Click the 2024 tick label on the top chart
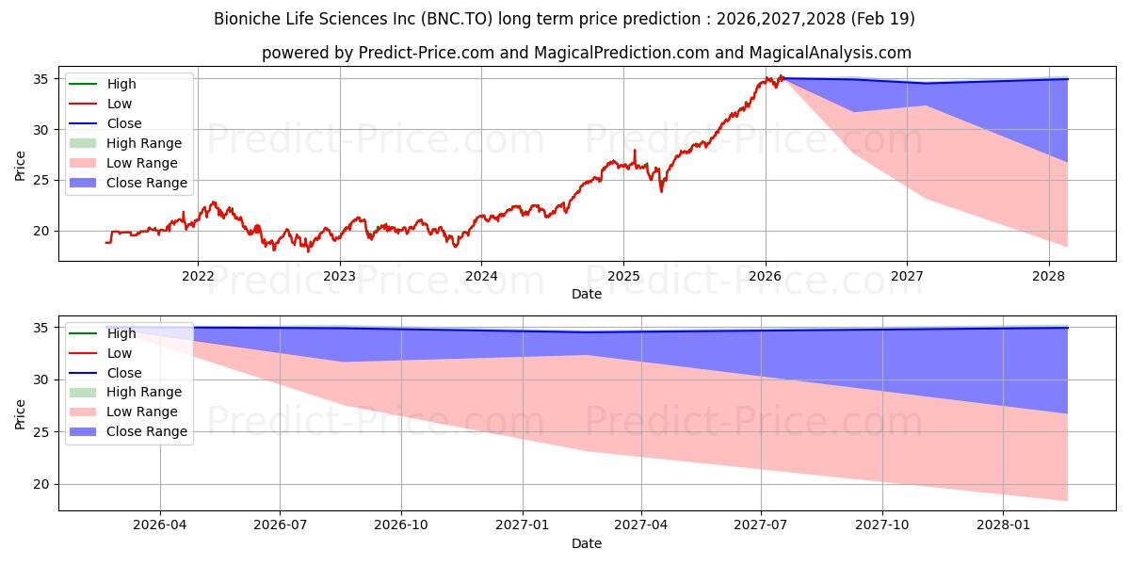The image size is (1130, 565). pos(481,276)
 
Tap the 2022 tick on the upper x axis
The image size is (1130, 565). pos(198,276)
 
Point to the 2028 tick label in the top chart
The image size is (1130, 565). pos(1048,276)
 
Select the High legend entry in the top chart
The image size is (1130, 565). pos(121,84)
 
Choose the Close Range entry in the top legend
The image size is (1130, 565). pos(147,183)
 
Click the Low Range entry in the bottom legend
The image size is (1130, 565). pos(142,412)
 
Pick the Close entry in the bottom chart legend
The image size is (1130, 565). pos(124,373)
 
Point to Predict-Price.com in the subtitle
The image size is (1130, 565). pos(427,54)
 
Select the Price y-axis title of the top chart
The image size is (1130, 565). pos(21,165)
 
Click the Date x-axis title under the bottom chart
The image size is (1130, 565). pos(586,543)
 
